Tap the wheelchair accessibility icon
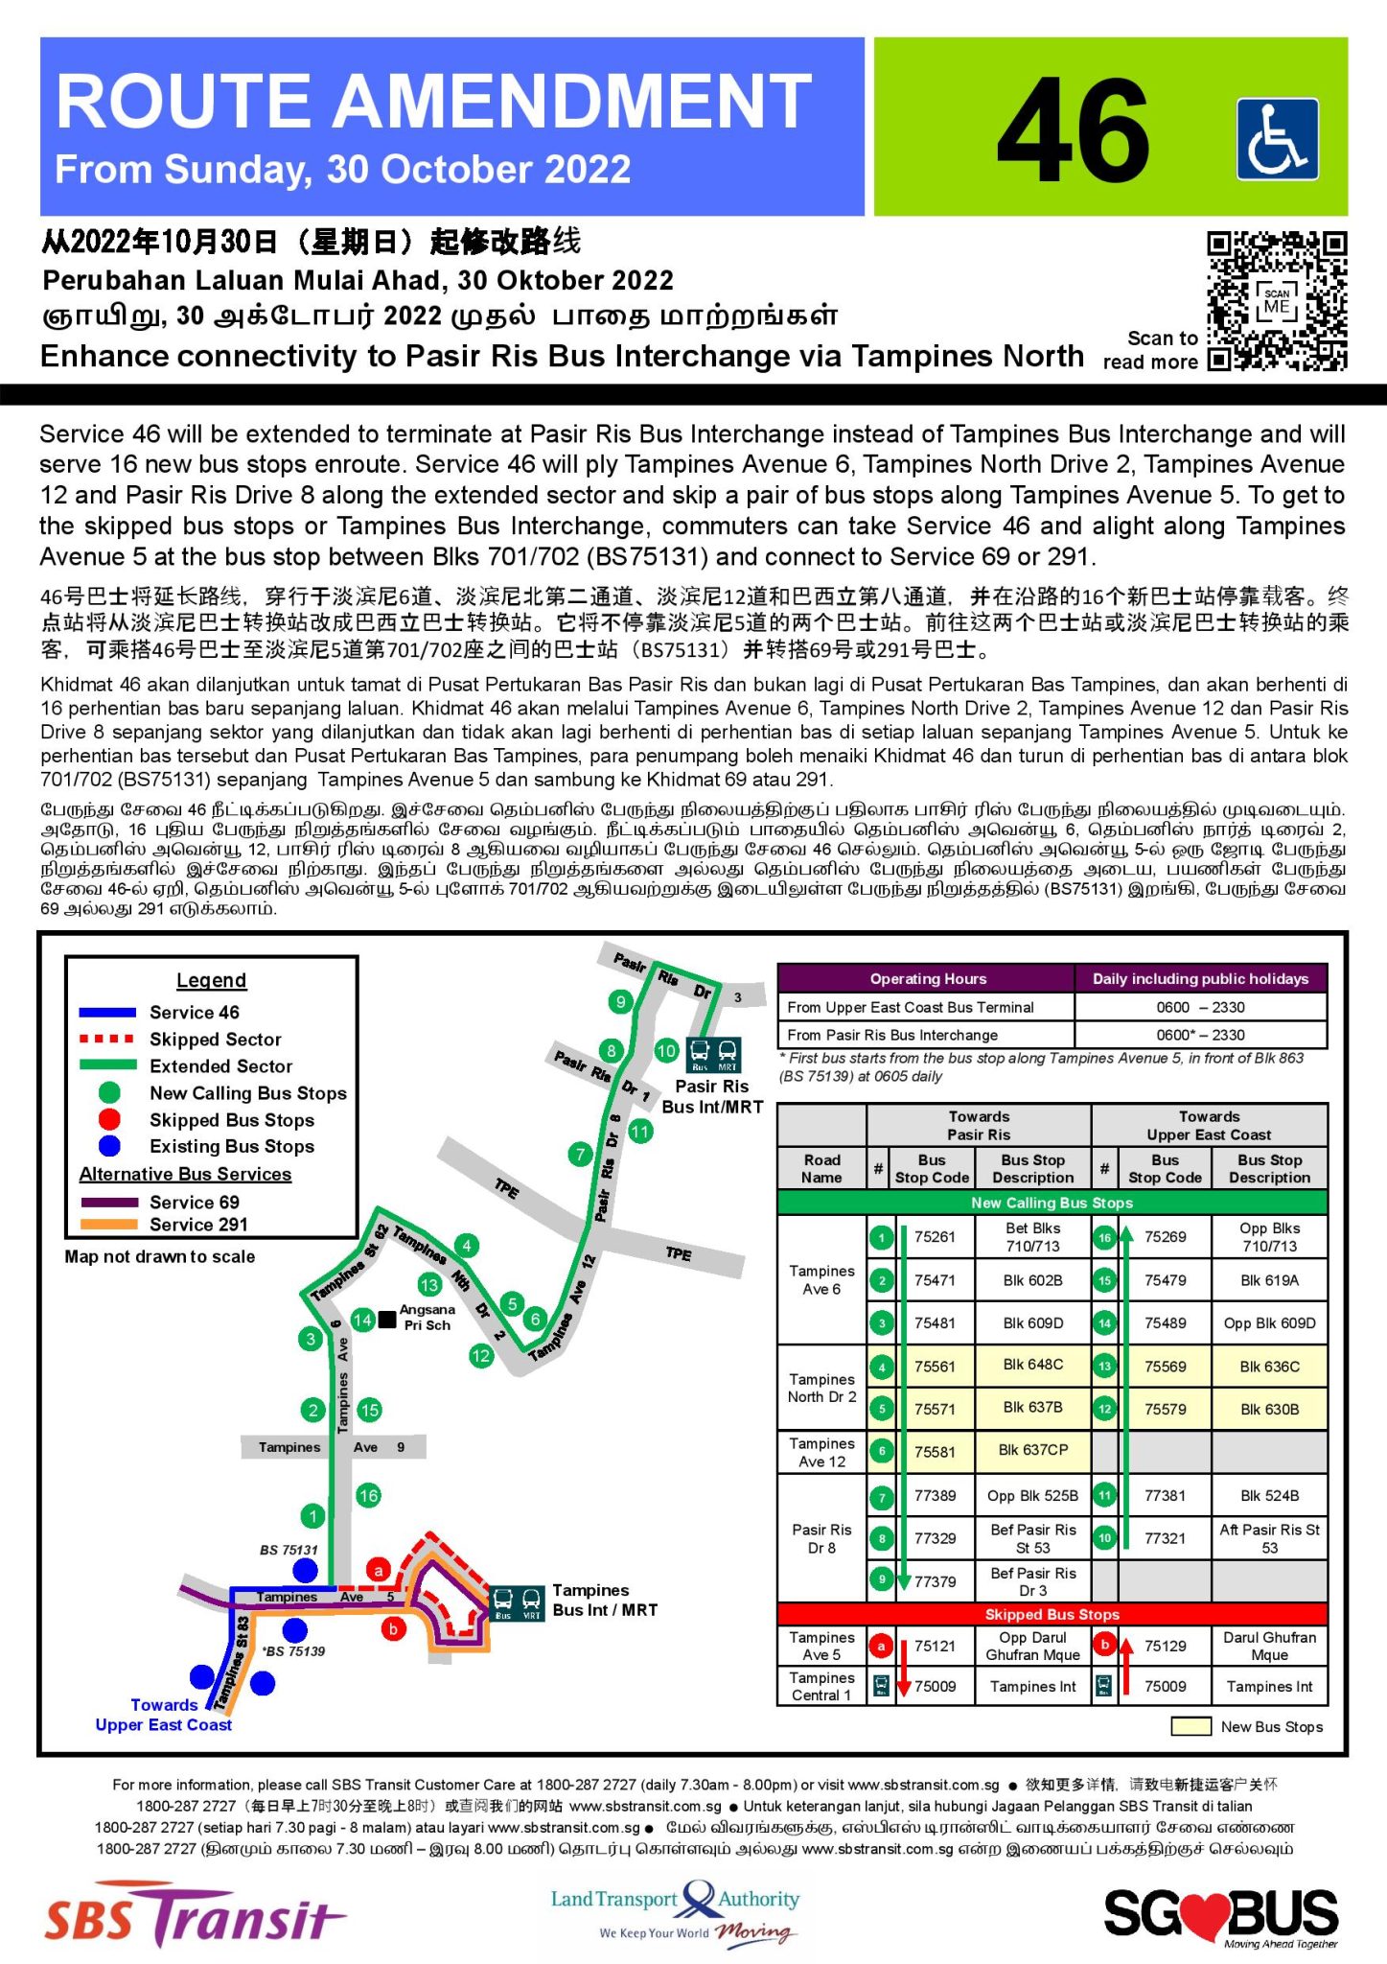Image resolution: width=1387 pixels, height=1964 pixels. tap(1277, 138)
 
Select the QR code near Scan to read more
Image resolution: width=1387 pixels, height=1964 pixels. tap(1277, 300)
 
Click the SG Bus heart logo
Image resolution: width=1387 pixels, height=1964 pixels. tap(1220, 1914)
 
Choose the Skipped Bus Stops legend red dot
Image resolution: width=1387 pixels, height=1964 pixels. tap(109, 1119)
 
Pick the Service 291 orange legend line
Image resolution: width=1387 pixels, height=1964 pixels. tap(109, 1225)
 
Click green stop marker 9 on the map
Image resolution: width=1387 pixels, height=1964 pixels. tap(621, 1001)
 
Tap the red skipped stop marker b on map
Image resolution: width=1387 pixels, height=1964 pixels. tap(392, 1627)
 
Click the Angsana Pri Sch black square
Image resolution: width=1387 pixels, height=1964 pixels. tap(386, 1320)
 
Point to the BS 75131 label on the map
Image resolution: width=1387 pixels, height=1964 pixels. tap(289, 1550)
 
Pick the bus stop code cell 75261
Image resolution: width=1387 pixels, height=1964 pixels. tap(934, 1236)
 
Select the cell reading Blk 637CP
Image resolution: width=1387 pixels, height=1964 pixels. tap(1032, 1450)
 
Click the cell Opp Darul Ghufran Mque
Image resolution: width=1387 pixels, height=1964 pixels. tap(1032, 1646)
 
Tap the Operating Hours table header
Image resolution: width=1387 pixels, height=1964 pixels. tap(927, 978)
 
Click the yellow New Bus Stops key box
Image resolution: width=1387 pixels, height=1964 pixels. tap(1191, 1726)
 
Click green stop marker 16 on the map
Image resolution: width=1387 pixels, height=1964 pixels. tap(368, 1495)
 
